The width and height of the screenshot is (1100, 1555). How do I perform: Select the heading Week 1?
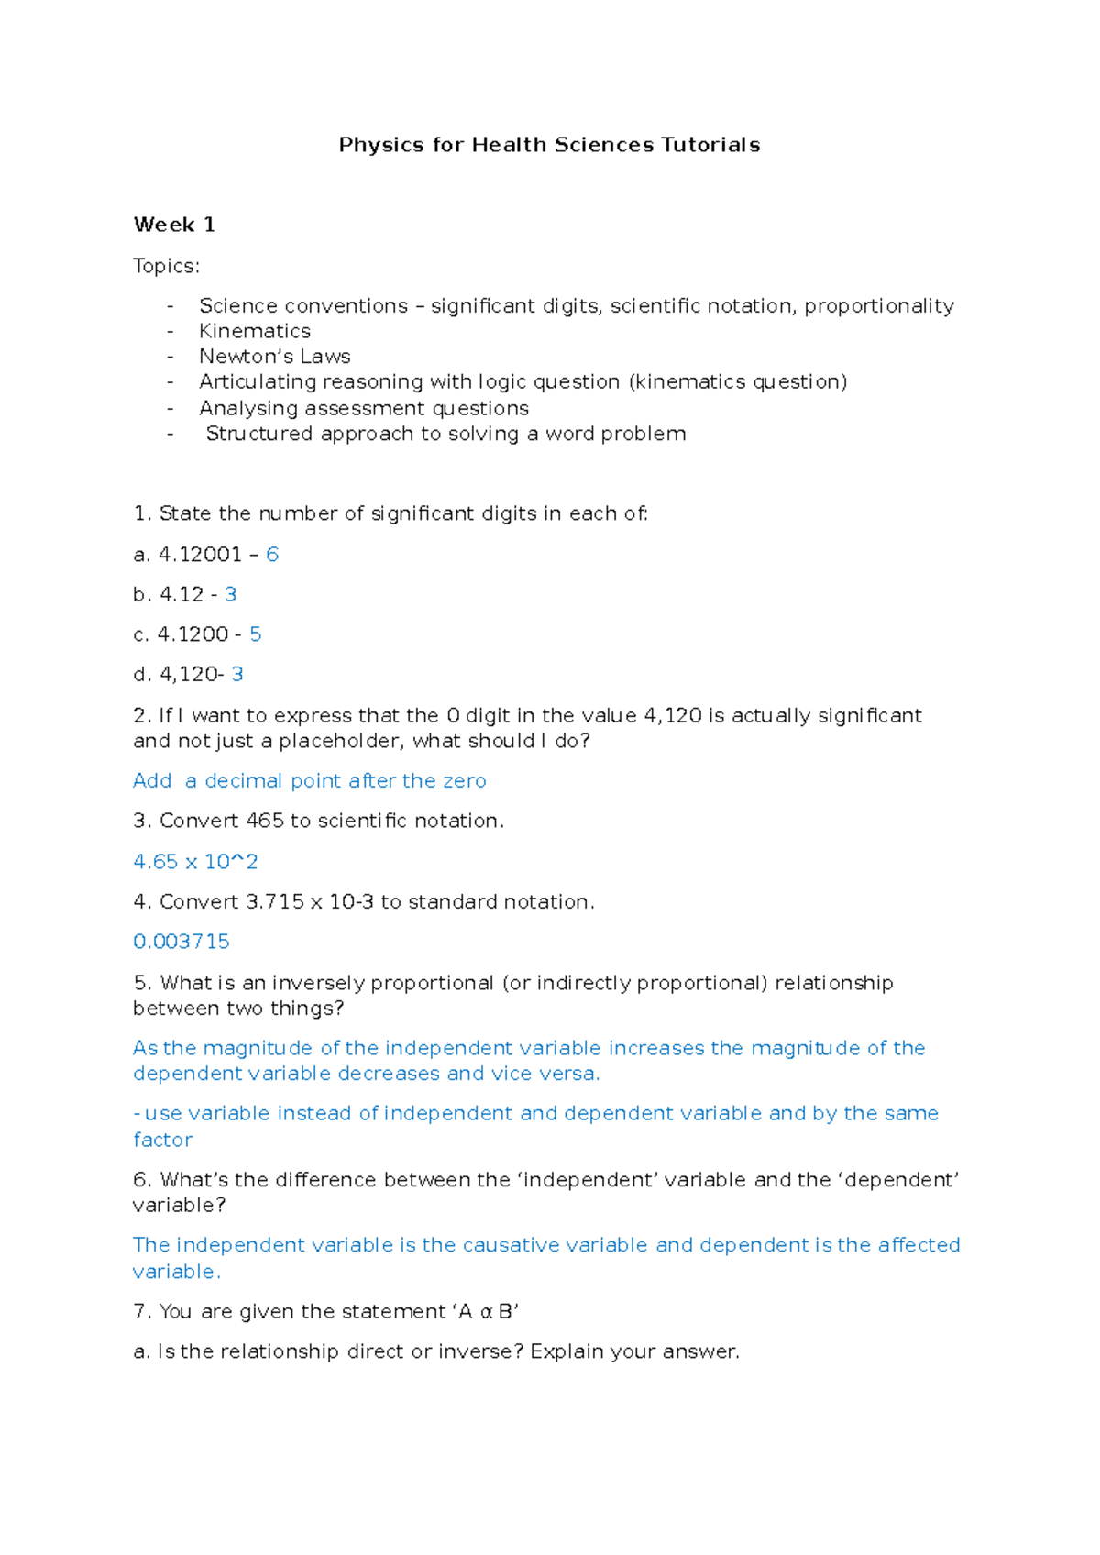pos(174,225)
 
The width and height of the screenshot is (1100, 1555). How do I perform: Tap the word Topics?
pos(166,266)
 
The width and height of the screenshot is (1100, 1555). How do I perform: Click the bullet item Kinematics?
pos(255,331)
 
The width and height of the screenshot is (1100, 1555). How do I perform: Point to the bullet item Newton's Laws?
pos(274,357)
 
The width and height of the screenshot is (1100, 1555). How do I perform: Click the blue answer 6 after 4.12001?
pos(272,555)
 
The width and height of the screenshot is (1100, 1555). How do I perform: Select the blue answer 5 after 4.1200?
pos(256,634)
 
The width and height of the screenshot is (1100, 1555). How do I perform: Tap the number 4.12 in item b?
pos(181,595)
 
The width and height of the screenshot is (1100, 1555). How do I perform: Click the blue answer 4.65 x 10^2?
pos(195,862)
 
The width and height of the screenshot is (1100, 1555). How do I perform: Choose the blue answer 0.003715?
pos(181,942)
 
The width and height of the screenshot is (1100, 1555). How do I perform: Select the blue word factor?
pos(162,1140)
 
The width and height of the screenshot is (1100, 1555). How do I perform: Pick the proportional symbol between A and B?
pos(487,1313)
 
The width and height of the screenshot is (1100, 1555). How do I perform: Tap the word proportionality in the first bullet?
pos(879,306)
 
